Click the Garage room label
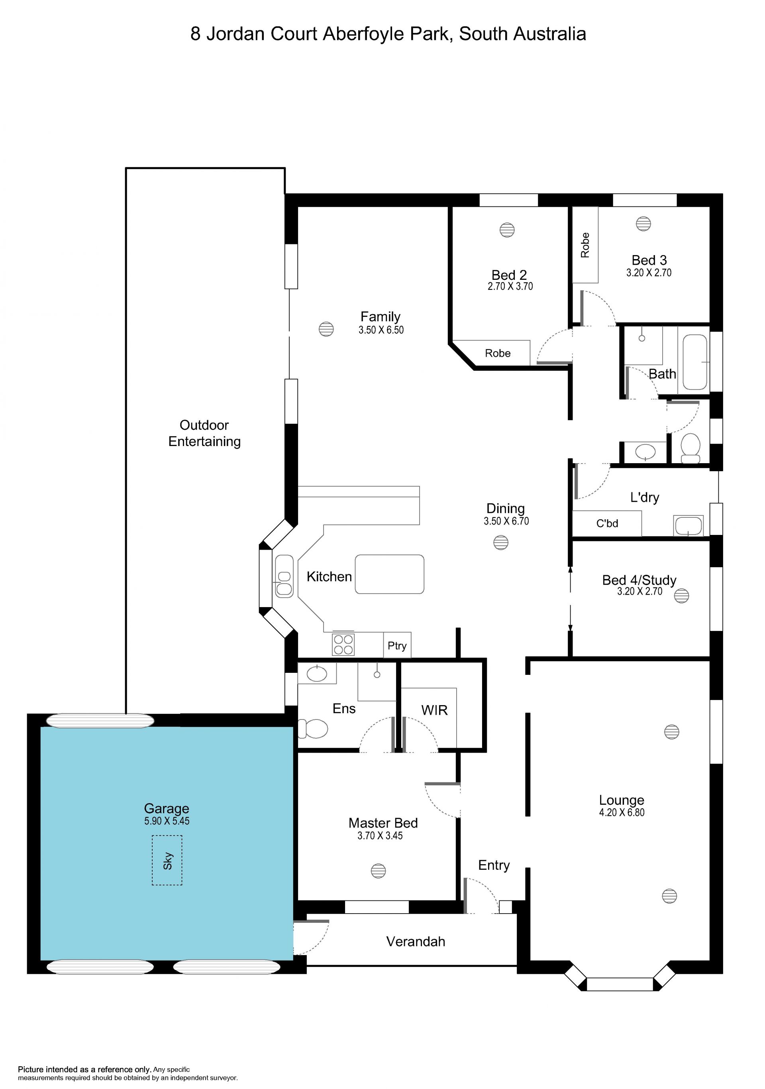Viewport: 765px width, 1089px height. pyautogui.click(x=167, y=808)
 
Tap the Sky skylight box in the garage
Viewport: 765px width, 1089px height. pyautogui.click(x=167, y=860)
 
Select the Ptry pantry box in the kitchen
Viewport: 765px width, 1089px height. pyautogui.click(x=397, y=645)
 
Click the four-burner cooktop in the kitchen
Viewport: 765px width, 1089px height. pyautogui.click(x=343, y=645)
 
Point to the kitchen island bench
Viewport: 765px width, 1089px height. pyautogui.click(x=390, y=574)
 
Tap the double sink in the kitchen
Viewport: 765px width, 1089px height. pyautogui.click(x=284, y=576)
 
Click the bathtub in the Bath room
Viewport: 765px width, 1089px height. pyautogui.click(x=695, y=362)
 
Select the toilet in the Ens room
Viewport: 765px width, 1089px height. pyautogui.click(x=312, y=729)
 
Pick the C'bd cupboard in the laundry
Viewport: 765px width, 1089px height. pyautogui.click(x=607, y=524)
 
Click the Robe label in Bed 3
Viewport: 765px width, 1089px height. pyautogui.click(x=585, y=245)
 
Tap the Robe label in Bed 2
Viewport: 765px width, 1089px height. pyautogui.click(x=498, y=353)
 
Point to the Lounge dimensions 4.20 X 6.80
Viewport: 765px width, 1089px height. pyautogui.click(x=622, y=812)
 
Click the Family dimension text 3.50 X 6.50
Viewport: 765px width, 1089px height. pyautogui.click(x=381, y=330)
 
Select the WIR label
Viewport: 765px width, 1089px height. pyautogui.click(x=435, y=710)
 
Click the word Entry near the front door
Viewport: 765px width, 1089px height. pyautogui.click(x=494, y=866)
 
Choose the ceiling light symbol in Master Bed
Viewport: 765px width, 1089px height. pyautogui.click(x=378, y=871)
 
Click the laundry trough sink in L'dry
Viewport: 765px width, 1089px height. pyautogui.click(x=688, y=525)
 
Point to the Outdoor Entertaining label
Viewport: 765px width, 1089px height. pyautogui.click(x=204, y=433)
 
